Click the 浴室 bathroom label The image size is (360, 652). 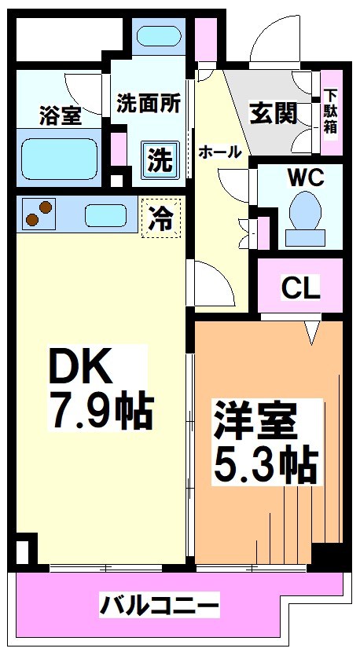click(60, 116)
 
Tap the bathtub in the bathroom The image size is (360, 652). click(58, 159)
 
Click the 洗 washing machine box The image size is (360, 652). click(160, 161)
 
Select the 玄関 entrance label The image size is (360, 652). click(274, 114)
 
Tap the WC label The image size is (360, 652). click(306, 178)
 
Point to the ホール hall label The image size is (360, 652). click(219, 152)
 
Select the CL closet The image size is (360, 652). click(301, 288)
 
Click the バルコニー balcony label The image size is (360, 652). click(160, 606)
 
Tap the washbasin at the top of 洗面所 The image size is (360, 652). click(160, 35)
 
